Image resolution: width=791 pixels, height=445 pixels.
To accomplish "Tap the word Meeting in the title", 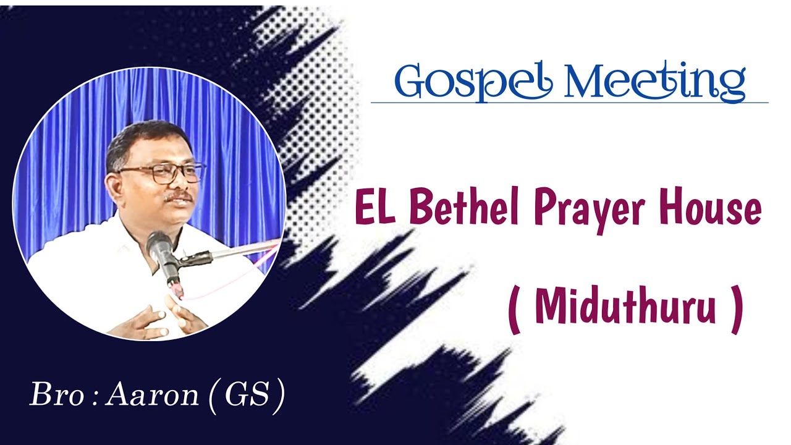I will coord(655,81).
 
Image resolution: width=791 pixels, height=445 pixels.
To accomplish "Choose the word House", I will coord(709,208).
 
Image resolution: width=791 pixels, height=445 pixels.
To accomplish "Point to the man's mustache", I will coord(179,197).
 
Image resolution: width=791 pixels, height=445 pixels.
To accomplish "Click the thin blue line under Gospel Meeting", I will coord(569,103).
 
